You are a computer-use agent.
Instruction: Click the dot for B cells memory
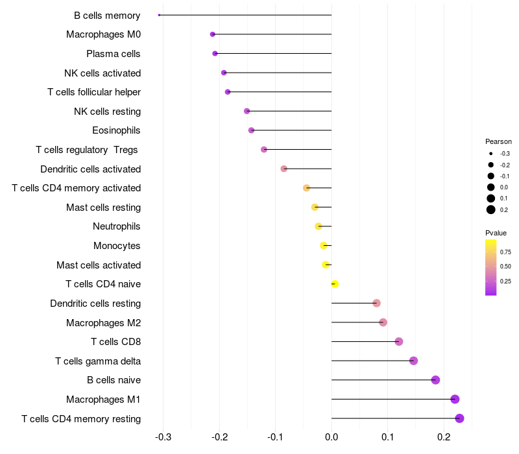[159, 15]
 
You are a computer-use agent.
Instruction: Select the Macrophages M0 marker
[213, 34]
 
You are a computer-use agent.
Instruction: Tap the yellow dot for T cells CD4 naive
[335, 284]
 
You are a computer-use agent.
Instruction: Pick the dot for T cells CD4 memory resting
[459, 418]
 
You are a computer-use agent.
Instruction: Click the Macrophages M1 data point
[455, 399]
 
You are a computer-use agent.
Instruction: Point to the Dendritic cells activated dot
[284, 169]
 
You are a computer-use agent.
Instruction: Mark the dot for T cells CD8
[399, 342]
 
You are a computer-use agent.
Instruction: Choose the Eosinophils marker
[251, 130]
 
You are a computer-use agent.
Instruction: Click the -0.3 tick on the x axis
[163, 437]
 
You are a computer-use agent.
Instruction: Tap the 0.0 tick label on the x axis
[332, 437]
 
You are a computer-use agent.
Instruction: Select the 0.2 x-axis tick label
[444, 437]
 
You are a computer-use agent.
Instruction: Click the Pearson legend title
[498, 141]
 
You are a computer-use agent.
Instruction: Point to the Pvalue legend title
[496, 233]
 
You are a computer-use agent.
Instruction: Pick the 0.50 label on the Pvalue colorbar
[505, 267]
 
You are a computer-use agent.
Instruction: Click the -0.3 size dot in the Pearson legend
[491, 154]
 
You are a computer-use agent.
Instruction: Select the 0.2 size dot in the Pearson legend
[491, 209]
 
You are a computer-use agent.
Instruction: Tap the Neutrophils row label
[117, 226]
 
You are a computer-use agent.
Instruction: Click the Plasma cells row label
[113, 54]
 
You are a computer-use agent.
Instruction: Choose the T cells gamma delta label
[98, 361]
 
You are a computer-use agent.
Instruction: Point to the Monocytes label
[117, 246]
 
